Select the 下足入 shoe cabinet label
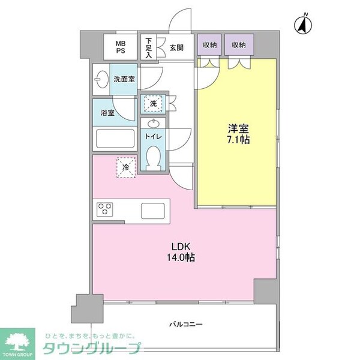(149, 47)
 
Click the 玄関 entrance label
(176, 47)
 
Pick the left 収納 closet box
(209, 46)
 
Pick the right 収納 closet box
(239, 46)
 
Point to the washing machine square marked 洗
(153, 104)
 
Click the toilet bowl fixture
(153, 158)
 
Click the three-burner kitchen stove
(106, 209)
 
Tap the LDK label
(182, 246)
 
